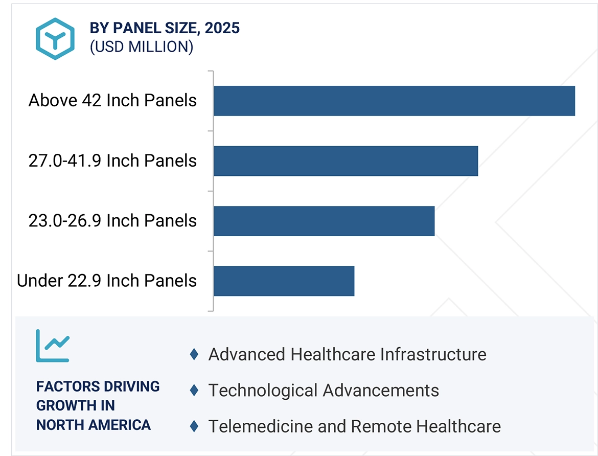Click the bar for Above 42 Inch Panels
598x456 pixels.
(x=394, y=101)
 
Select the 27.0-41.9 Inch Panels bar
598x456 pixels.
(x=346, y=161)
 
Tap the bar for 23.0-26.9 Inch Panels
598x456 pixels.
(x=324, y=221)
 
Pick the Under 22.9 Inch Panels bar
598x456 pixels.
(x=284, y=281)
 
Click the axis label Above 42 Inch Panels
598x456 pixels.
(x=112, y=100)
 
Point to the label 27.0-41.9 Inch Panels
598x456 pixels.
(x=112, y=161)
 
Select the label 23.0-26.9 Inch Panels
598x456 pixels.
(x=112, y=220)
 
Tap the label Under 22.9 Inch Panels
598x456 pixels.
(x=107, y=280)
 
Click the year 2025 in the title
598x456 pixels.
(x=222, y=28)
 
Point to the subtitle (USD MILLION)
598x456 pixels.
(x=142, y=47)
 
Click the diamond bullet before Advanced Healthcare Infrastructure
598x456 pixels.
(x=194, y=354)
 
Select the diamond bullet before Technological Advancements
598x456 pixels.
(x=194, y=390)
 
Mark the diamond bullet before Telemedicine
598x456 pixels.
(x=194, y=426)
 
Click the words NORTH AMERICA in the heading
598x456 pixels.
(x=94, y=424)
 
